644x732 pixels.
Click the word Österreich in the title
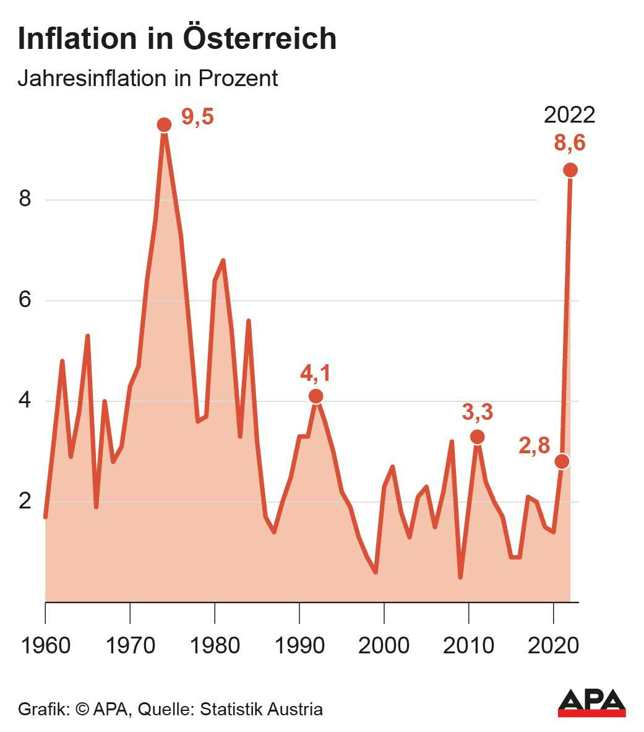click(260, 38)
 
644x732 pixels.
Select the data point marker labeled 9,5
click(163, 124)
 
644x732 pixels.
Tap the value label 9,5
click(197, 116)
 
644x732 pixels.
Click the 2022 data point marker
click(570, 170)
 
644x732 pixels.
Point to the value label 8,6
click(569, 143)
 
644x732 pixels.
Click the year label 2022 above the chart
click(569, 115)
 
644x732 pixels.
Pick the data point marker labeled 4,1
click(316, 396)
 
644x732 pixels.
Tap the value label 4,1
click(316, 373)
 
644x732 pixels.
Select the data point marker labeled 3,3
click(477, 437)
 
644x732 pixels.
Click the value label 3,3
click(478, 412)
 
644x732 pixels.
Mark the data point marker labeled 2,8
click(562, 461)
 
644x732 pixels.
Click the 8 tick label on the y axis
click(25, 200)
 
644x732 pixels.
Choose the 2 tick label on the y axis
click(25, 501)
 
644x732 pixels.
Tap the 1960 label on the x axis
click(45, 645)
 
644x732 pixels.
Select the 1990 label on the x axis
click(299, 645)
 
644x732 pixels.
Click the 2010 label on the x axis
click(469, 645)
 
